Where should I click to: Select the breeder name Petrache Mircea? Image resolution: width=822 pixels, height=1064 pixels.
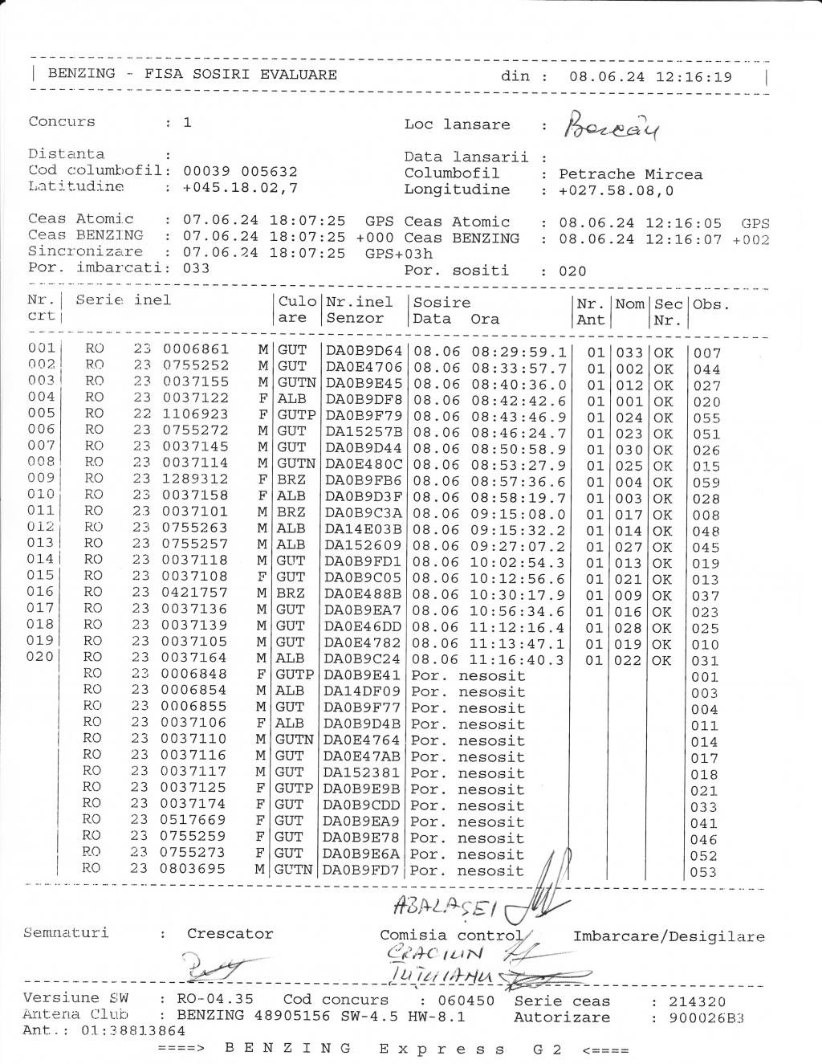(x=630, y=174)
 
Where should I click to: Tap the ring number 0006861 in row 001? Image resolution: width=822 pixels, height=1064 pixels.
(x=195, y=349)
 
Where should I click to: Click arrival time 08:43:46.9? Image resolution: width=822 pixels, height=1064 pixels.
(x=519, y=417)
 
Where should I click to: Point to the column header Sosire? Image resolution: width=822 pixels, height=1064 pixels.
(x=442, y=303)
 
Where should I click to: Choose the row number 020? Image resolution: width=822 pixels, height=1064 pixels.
(x=40, y=657)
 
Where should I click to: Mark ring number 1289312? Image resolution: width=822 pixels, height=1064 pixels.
(x=195, y=479)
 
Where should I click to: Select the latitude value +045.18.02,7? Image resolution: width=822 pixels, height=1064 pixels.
(x=241, y=187)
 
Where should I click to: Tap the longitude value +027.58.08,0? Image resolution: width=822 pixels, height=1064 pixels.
(x=616, y=190)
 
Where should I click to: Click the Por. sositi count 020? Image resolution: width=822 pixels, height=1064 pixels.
(x=572, y=271)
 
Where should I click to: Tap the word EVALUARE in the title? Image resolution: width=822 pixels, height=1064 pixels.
(x=298, y=75)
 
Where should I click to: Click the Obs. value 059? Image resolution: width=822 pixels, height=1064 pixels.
(x=706, y=483)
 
